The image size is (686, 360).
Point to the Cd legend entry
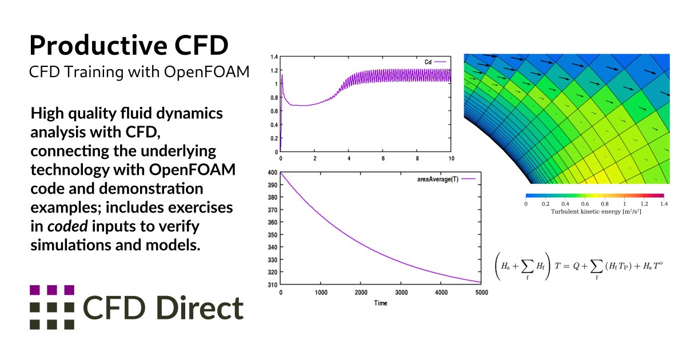429,61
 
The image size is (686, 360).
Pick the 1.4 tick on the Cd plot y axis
274,57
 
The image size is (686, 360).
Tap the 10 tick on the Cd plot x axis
450,158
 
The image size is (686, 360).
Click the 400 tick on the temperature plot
273,173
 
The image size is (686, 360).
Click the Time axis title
380,303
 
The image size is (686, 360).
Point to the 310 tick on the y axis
273,284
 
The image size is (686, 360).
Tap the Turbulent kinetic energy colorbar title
595,211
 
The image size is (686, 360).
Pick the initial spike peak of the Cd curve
282,75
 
